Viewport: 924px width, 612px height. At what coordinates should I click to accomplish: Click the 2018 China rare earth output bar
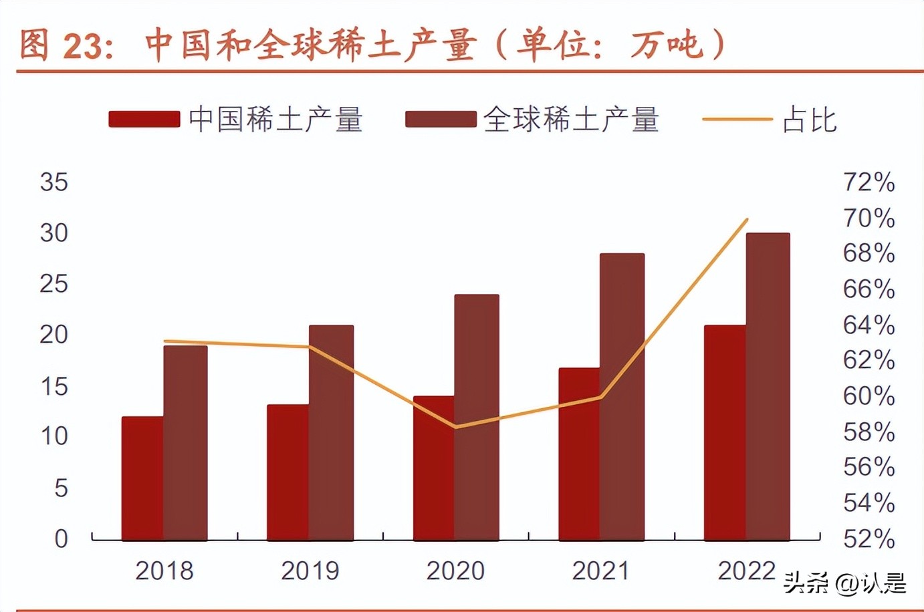pyautogui.click(x=142, y=478)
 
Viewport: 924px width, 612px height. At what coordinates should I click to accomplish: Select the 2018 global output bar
pyautogui.click(x=185, y=442)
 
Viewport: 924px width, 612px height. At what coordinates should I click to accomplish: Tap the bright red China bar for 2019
pyautogui.click(x=287, y=472)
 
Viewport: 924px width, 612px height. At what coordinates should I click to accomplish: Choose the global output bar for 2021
pyautogui.click(x=622, y=396)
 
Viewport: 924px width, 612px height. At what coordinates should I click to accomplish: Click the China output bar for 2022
pyautogui.click(x=725, y=432)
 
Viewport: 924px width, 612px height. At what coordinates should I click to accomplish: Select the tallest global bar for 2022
pyautogui.click(x=768, y=386)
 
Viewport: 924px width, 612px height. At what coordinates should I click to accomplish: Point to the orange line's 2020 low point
pyautogui.click(x=456, y=427)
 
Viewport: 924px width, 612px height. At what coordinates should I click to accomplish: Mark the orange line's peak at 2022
pyautogui.click(x=747, y=219)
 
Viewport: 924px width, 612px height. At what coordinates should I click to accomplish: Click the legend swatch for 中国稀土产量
pyautogui.click(x=144, y=120)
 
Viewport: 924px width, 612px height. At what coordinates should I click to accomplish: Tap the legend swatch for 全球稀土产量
pyautogui.click(x=441, y=120)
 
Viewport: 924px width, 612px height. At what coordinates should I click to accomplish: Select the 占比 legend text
pyautogui.click(x=810, y=120)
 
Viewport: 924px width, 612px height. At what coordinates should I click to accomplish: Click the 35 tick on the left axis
pyautogui.click(x=53, y=182)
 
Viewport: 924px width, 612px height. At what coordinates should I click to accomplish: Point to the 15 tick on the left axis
pyautogui.click(x=53, y=386)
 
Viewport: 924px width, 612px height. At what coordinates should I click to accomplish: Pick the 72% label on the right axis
pyautogui.click(x=869, y=182)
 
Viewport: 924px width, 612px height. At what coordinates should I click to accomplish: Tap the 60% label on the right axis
pyautogui.click(x=869, y=396)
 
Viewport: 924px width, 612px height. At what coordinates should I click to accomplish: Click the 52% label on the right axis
pyautogui.click(x=869, y=539)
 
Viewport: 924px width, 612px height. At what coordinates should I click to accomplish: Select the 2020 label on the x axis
pyautogui.click(x=455, y=571)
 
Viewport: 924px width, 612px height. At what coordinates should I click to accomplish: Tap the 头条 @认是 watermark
pyautogui.click(x=845, y=583)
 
